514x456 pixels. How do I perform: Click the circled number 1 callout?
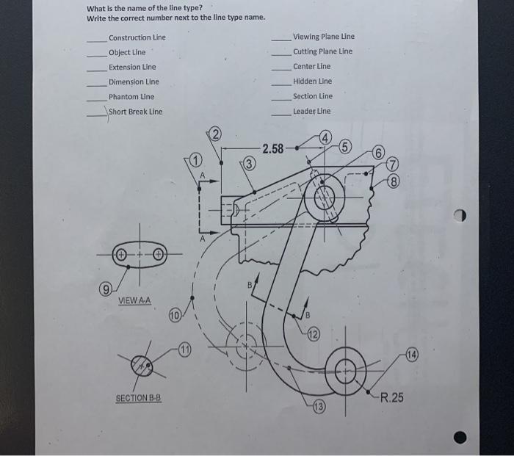click(195, 160)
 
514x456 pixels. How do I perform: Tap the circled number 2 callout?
click(215, 134)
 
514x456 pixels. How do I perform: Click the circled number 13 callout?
click(319, 407)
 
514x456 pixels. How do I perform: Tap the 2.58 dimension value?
click(272, 149)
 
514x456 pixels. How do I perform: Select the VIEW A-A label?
click(134, 301)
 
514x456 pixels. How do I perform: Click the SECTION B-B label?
click(137, 398)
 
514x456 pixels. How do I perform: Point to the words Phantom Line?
click(131, 97)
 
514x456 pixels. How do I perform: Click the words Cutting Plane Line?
click(322, 51)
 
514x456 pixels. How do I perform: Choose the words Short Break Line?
click(136, 112)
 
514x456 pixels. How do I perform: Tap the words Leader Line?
click(311, 111)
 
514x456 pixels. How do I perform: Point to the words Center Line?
click(312, 67)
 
